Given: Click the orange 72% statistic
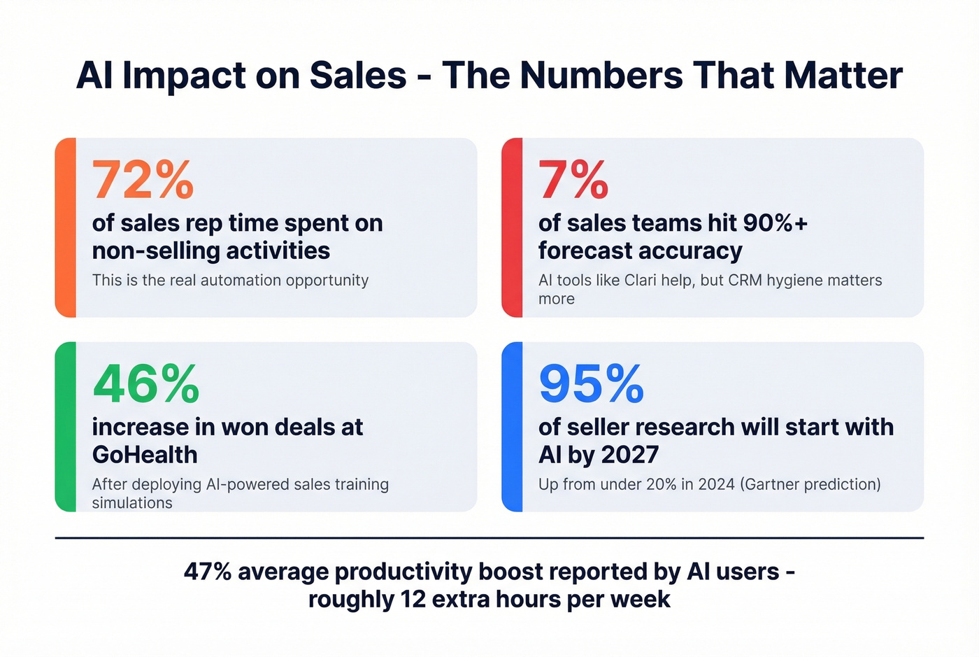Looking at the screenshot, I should tap(143, 181).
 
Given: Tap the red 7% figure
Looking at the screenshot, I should tap(573, 181).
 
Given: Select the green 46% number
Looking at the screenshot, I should tap(145, 384).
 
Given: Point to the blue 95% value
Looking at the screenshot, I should tap(591, 384).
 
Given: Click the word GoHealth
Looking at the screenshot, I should tap(145, 455).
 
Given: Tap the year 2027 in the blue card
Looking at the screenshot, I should tap(629, 455).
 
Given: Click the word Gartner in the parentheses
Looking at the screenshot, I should tap(774, 484).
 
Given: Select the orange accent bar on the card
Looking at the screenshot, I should tap(65, 227).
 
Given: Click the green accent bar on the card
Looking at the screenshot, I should tap(65, 427).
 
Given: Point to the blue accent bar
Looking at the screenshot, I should tap(512, 427).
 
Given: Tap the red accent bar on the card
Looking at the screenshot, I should tap(512, 227).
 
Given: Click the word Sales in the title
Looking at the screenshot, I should tap(357, 76).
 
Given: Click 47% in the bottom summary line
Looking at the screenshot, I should tap(207, 572).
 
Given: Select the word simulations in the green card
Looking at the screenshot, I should tap(132, 503).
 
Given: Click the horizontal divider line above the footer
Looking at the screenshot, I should tap(489, 538).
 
